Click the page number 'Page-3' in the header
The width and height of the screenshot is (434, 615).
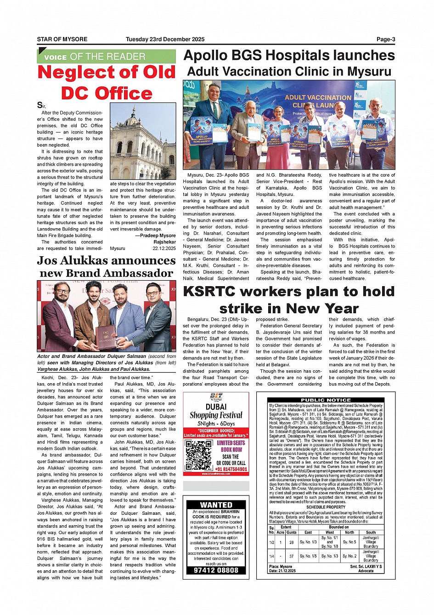click(x=385, y=40)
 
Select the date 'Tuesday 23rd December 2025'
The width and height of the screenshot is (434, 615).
click(x=165, y=40)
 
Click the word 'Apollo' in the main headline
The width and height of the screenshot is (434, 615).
click(x=206, y=56)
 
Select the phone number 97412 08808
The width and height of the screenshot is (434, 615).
click(x=216, y=570)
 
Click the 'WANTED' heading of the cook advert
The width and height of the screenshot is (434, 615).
click(x=216, y=505)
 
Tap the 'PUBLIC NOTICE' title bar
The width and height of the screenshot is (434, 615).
click(x=326, y=400)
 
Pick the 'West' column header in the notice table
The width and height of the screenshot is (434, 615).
click(x=330, y=532)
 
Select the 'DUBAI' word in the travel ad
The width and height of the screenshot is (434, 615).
click(x=216, y=407)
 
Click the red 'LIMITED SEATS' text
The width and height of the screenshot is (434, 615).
click(x=231, y=443)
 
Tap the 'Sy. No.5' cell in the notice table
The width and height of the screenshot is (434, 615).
click(x=349, y=542)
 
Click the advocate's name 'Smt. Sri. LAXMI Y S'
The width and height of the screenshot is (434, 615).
click(x=366, y=567)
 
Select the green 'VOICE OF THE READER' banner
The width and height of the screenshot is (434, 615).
click(x=106, y=57)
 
